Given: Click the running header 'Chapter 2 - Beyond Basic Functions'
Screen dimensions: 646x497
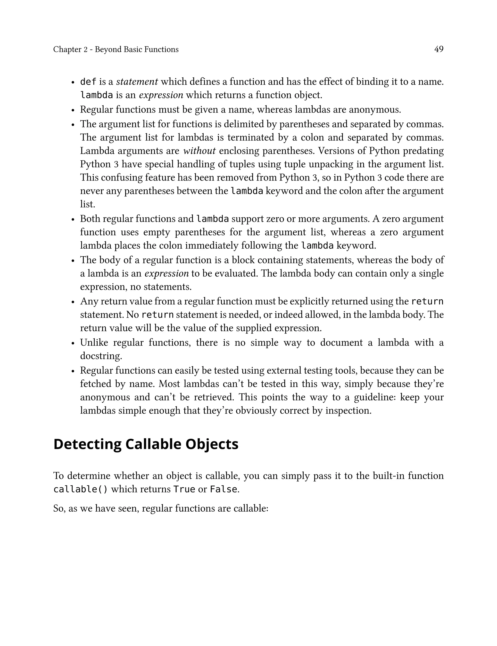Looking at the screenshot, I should pyautogui.click(x=116, y=49).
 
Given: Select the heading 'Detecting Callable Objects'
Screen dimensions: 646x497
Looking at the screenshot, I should pyautogui.click(x=146, y=444).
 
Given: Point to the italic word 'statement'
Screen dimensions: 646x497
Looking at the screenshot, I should pyautogui.click(x=137, y=82).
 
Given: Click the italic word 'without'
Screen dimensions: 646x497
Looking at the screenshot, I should pyautogui.click(x=199, y=151).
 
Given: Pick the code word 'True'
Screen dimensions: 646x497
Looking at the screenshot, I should pyautogui.click(x=184, y=489).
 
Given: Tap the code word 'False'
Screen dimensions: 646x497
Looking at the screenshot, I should pyautogui.click(x=223, y=489).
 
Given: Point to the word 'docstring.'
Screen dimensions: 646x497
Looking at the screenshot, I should pyautogui.click(x=101, y=356).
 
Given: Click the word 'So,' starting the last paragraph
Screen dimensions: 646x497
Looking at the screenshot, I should pyautogui.click(x=59, y=508).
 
